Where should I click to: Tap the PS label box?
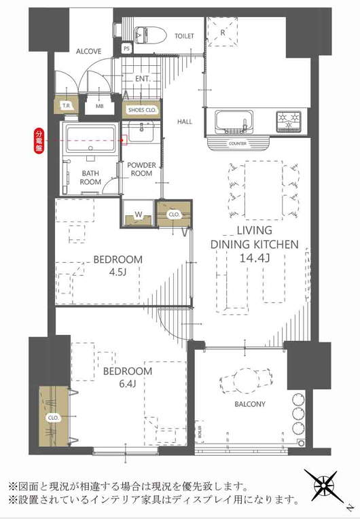[127, 48]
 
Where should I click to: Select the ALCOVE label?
[89, 52]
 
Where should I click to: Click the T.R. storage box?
[66, 105]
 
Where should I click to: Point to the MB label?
[100, 106]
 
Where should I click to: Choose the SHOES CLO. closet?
[142, 110]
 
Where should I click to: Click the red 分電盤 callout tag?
[39, 141]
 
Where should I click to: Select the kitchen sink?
[234, 122]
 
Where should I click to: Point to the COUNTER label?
[238, 144]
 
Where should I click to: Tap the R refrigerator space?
[222, 32]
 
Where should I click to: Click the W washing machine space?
[139, 215]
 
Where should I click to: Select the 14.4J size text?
[255, 258]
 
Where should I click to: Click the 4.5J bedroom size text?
[118, 272]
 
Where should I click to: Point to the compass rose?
[322, 486]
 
